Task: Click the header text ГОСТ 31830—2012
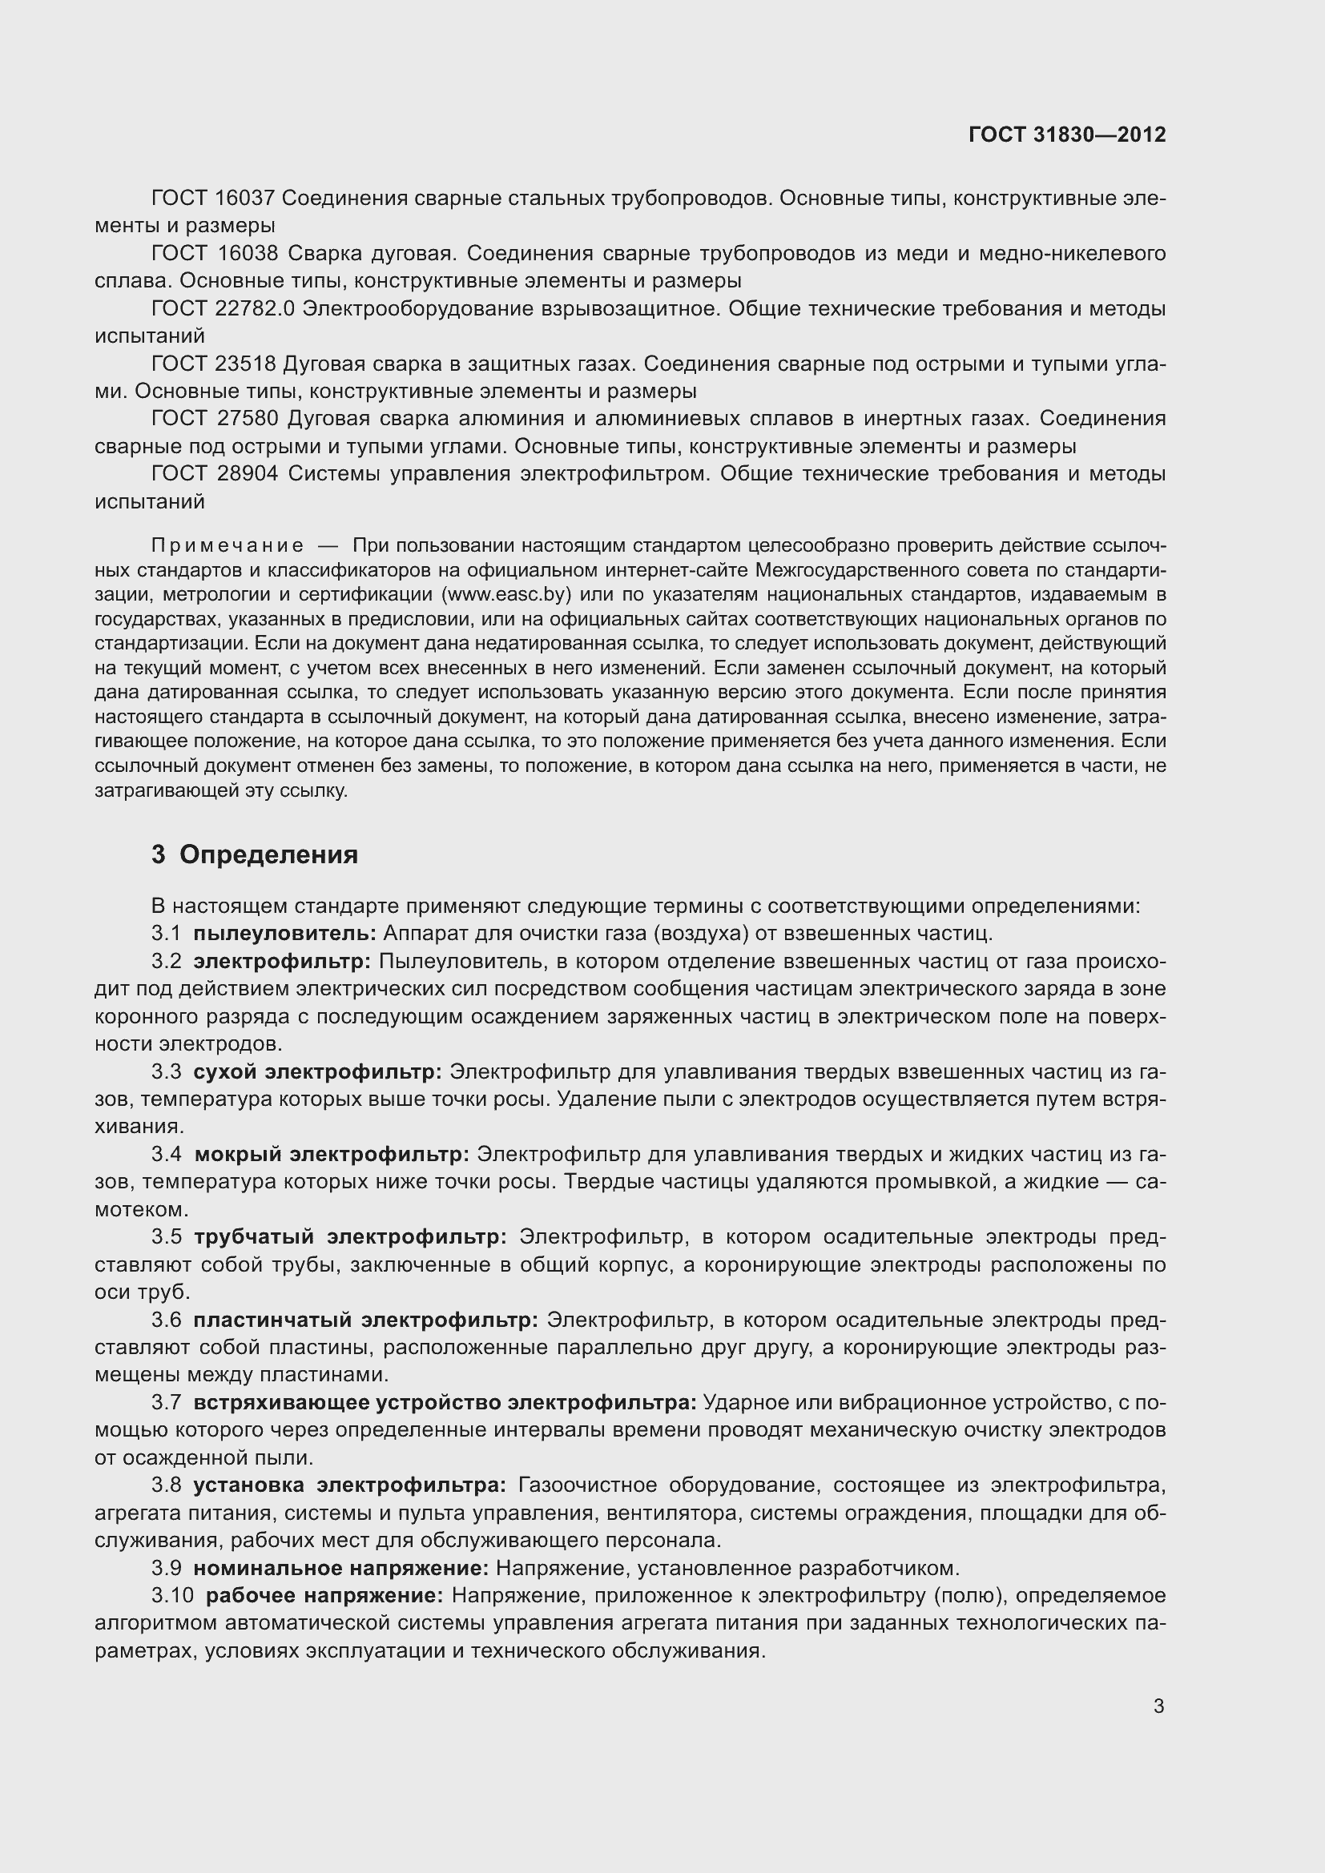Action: point(1066,135)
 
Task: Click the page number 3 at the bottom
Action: point(1158,1706)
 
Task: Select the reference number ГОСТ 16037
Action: point(214,199)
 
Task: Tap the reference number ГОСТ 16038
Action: point(214,254)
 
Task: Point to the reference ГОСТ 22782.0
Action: point(223,309)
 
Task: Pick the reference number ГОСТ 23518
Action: point(214,364)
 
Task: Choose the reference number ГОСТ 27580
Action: point(214,420)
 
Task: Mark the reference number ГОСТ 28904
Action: point(214,474)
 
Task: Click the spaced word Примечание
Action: point(228,546)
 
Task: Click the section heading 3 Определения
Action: point(255,855)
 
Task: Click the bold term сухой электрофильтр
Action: point(317,1071)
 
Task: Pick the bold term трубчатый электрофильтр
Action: point(350,1236)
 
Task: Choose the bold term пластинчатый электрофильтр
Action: point(365,1320)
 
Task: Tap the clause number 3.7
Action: point(166,1403)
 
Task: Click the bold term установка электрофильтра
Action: point(349,1485)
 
